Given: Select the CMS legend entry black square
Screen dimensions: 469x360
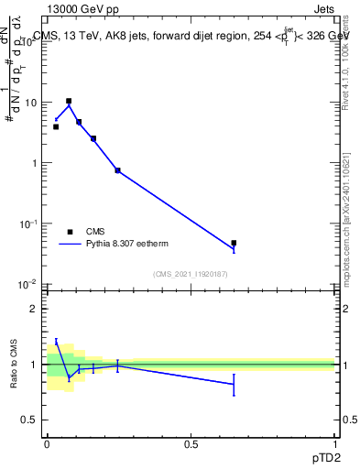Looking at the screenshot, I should coord(70,232).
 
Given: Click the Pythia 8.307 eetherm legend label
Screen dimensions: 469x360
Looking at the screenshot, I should coord(130,244).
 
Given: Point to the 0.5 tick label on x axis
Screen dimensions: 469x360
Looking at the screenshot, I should coord(191,443).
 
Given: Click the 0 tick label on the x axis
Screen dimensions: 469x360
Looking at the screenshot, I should coord(47,443).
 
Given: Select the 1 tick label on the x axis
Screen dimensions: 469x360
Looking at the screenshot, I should coord(334,443).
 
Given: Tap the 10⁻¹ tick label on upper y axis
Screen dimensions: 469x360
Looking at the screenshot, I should coord(30,224).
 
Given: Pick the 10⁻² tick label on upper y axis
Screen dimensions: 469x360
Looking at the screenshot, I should coord(30,284).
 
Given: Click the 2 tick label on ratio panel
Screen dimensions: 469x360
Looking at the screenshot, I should coord(35,309).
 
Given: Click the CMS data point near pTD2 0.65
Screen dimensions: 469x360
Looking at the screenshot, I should coord(234,243).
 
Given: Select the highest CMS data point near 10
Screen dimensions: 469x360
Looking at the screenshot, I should coord(69,101).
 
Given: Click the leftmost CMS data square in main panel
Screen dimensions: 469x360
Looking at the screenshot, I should coord(56,126).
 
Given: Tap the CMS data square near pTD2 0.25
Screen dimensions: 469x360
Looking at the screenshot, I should coord(117,170).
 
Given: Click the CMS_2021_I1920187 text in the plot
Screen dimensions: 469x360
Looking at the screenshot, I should coord(190,273).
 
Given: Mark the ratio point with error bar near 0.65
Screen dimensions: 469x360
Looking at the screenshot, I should coord(234,384).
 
